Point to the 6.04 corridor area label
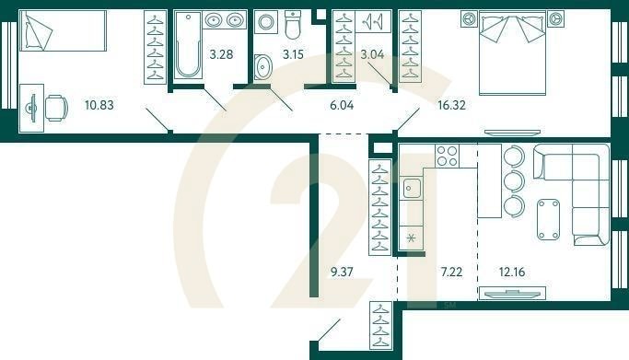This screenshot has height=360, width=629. pyautogui.click(x=341, y=105)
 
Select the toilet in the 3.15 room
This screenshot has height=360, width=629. pyautogui.click(x=293, y=27)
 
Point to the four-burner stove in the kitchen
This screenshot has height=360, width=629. pyautogui.click(x=448, y=157)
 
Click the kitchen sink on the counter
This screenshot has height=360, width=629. pyautogui.click(x=411, y=189)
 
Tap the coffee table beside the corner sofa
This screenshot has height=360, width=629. pyautogui.click(x=548, y=219)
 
